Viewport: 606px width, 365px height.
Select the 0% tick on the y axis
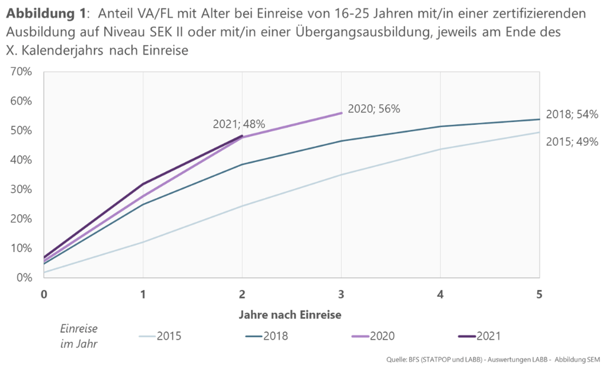coord(24,277)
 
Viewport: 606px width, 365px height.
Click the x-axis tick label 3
coord(341,294)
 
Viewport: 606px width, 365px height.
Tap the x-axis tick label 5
coord(539,294)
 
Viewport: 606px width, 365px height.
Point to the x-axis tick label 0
coord(44,294)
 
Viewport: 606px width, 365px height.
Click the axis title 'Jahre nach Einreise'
coord(291,315)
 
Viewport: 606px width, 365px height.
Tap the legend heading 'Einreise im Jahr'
coord(79,336)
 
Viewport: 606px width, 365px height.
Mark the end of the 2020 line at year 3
coord(341,113)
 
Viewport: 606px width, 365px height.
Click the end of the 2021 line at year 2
coord(242,136)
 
